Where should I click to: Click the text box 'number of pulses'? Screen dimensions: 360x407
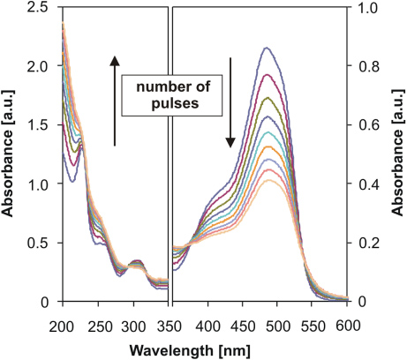173,95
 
